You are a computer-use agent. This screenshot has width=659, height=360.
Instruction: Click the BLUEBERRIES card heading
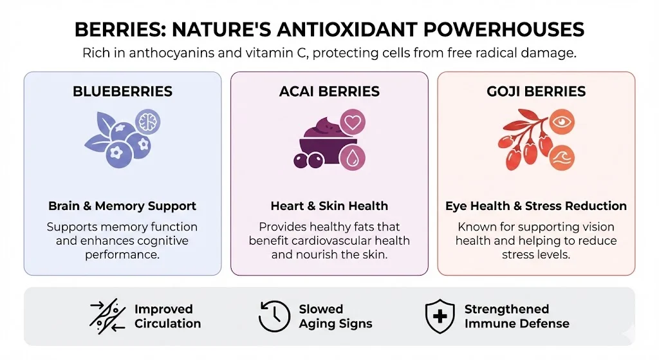pos(122,91)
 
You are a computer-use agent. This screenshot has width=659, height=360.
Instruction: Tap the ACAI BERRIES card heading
pos(329,91)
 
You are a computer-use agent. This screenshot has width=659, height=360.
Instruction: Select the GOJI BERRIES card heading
pos(536,91)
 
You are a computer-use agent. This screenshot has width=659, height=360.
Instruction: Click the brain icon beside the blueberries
pos(147,122)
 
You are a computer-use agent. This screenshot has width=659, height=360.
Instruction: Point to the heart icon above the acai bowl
pos(353,122)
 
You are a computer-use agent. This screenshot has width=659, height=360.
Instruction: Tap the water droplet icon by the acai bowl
pos(352,158)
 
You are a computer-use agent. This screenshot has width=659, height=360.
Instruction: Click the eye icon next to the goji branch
pos(561,122)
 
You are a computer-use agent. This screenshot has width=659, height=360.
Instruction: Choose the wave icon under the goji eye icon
pos(561,158)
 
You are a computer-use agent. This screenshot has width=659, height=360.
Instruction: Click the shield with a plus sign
pos(440,316)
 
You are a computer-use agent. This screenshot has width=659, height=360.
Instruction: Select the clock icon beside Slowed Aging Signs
pos(274,316)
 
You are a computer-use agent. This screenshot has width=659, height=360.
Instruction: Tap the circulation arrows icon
pos(107,316)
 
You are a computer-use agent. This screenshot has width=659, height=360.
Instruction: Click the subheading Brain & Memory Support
pos(122,205)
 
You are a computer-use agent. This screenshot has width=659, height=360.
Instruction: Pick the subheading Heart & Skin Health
pos(329,205)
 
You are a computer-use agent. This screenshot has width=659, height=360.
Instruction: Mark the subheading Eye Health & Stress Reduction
pos(536,205)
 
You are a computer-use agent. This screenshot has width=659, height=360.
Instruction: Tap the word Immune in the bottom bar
pos(489,323)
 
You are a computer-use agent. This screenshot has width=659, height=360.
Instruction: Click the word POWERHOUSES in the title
pos(503,30)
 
